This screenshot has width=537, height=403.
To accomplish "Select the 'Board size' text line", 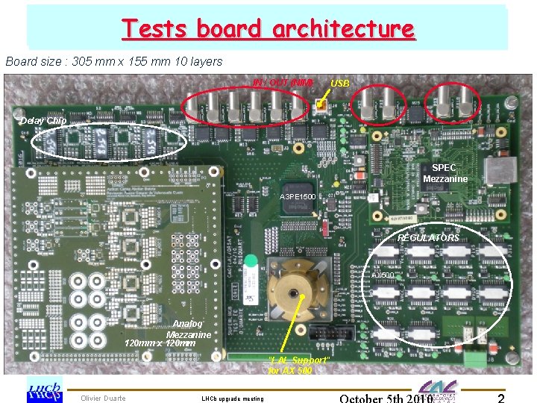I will pos(113,61).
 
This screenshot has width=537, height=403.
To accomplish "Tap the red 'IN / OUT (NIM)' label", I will pos(282,82).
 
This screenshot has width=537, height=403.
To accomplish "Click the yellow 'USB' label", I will pos(339,83).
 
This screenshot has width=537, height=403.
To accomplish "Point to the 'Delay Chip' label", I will pos(43,120).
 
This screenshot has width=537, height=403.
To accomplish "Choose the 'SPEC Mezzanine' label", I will pos(445,173).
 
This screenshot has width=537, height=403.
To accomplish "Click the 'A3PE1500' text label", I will pos(298,196).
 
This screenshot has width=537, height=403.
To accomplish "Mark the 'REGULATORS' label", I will pos(428,237).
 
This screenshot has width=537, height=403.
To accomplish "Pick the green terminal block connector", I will pos(473,358).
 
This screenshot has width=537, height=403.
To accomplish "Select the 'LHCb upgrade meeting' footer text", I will pos(233,399).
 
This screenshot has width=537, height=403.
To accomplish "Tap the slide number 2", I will pos(501,398).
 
